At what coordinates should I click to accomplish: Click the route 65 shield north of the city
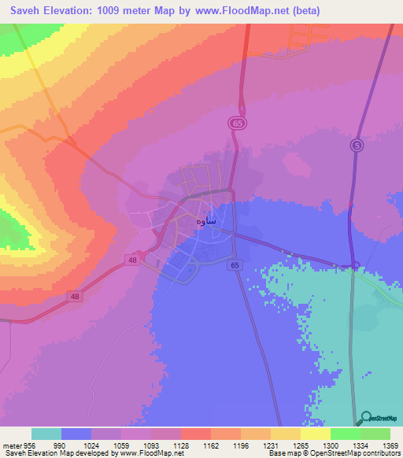(x=237, y=124)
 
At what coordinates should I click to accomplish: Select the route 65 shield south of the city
(x=235, y=266)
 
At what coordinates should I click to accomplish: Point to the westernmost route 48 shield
(x=74, y=296)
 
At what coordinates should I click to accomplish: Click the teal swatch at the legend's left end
(x=46, y=434)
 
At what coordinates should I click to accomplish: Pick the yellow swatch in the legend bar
(x=315, y=434)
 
